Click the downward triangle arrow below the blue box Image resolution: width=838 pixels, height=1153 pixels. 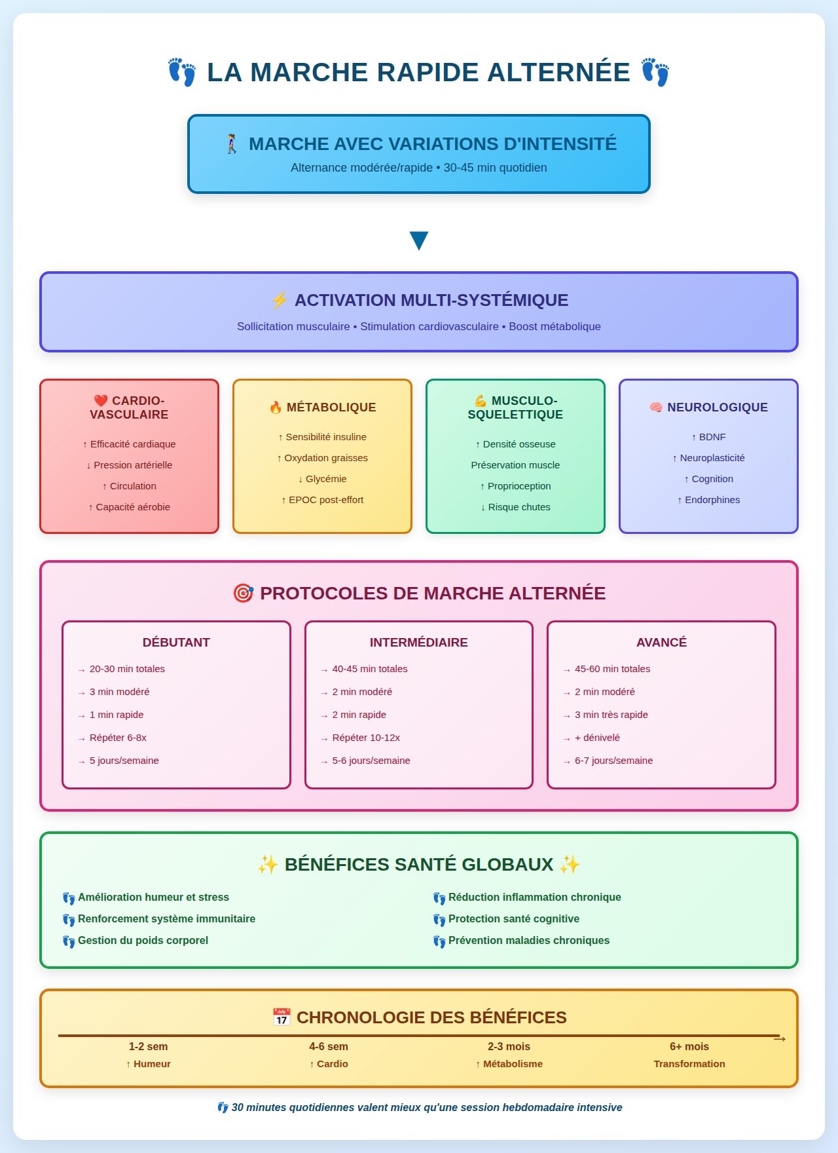(x=418, y=240)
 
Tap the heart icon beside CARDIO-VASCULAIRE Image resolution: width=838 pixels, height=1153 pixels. (x=100, y=400)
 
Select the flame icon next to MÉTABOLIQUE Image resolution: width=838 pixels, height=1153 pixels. (x=276, y=407)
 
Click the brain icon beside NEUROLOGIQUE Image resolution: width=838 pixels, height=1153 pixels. (x=656, y=407)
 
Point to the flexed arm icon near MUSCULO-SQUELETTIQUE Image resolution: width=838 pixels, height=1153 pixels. (x=481, y=400)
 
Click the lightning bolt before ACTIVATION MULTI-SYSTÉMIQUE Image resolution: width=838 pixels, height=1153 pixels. (x=280, y=300)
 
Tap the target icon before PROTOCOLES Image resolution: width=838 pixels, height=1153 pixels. (x=244, y=594)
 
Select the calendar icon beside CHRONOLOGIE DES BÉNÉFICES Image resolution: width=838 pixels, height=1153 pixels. (x=282, y=1017)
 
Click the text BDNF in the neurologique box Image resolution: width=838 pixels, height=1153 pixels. (x=712, y=437)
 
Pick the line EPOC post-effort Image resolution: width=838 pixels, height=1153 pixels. (x=325, y=500)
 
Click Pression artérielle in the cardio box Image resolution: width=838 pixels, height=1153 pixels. (x=132, y=465)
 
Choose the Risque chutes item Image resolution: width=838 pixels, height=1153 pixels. (x=519, y=507)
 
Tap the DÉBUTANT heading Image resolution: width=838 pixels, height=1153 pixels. (x=176, y=643)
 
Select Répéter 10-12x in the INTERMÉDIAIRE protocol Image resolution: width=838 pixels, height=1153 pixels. (x=366, y=738)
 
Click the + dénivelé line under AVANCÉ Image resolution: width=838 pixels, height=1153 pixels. (x=597, y=738)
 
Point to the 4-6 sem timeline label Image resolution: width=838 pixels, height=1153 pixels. (x=329, y=1047)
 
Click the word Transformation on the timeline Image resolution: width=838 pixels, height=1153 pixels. (x=689, y=1064)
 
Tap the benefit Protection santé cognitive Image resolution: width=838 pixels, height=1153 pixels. (x=513, y=919)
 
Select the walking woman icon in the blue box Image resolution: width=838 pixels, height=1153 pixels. (x=232, y=143)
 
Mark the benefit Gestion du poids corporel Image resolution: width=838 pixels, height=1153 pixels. (x=143, y=941)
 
